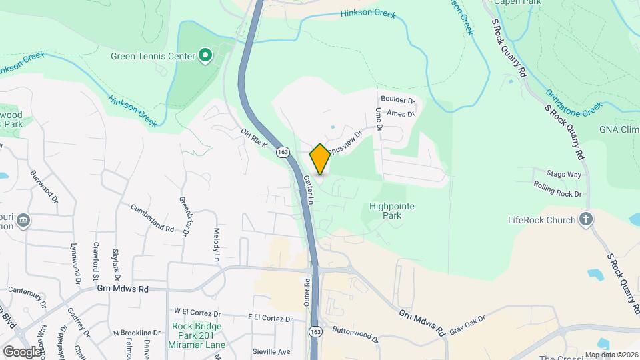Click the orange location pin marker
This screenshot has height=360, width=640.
pyautogui.click(x=320, y=159)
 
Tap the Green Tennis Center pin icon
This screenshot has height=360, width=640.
pyautogui.click(x=205, y=55)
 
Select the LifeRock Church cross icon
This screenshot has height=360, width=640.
pyautogui.click(x=586, y=219)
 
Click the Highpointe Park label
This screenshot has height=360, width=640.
pyautogui.click(x=392, y=211)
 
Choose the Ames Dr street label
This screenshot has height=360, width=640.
pyautogui.click(x=400, y=114)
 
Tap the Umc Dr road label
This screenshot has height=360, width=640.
pyautogui.click(x=379, y=119)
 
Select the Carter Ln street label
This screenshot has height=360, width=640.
pyautogui.click(x=309, y=189)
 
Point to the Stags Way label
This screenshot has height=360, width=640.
pyautogui.click(x=565, y=175)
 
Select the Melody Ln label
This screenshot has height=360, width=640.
pyautogui.click(x=216, y=245)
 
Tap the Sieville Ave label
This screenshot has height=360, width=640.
pyautogui.click(x=272, y=351)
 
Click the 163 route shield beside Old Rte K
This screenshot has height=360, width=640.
pyautogui.click(x=284, y=152)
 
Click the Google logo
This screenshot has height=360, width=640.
pyautogui.click(x=21, y=351)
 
